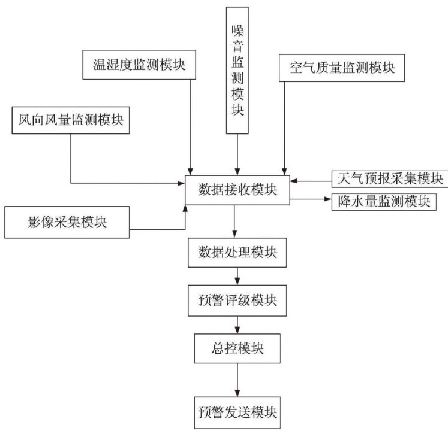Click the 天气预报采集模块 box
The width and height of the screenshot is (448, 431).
[x=387, y=178]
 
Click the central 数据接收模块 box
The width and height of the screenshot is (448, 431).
[x=238, y=191]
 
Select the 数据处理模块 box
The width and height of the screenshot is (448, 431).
[x=238, y=251]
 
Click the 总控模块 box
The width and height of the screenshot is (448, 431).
[x=238, y=347]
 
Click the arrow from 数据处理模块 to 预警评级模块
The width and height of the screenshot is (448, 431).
[x=238, y=275]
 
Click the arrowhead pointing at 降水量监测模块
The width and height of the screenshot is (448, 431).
[x=326, y=198]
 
